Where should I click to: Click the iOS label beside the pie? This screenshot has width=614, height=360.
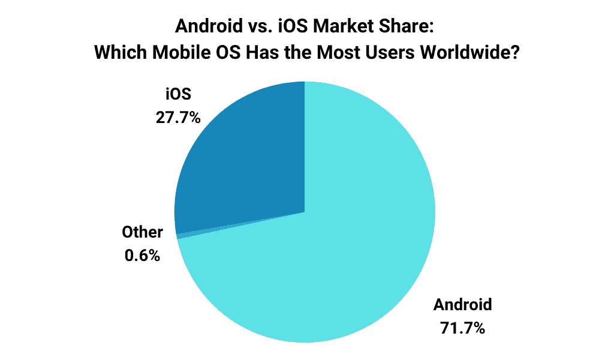coord(177,94)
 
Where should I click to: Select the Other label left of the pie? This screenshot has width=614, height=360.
coord(142,232)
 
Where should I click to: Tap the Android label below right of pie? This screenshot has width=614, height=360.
coord(462,304)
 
